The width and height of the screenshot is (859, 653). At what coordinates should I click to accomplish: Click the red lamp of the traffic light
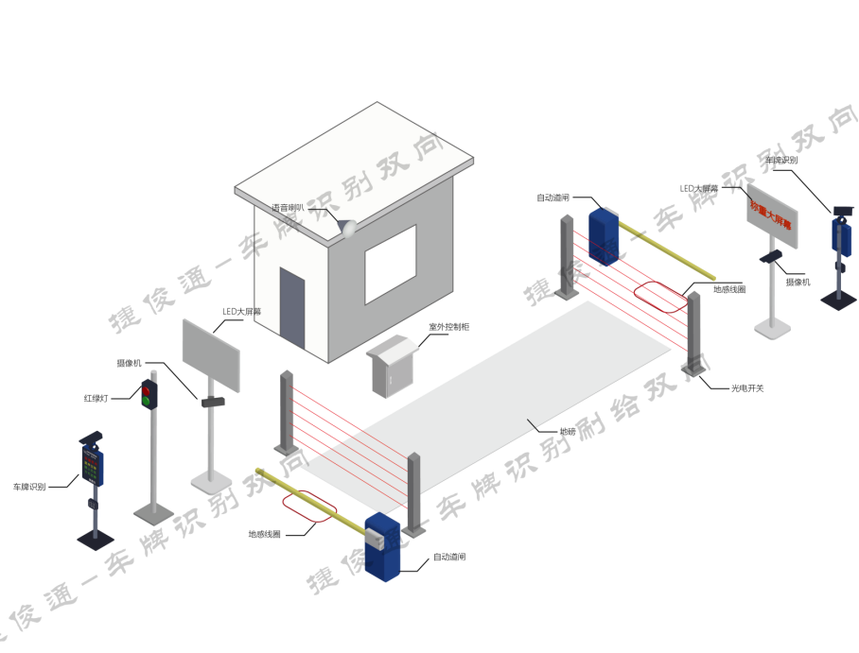(148, 388)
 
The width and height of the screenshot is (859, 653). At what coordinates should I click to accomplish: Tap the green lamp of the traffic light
(148, 402)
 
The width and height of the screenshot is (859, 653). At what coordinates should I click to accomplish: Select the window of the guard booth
(390, 267)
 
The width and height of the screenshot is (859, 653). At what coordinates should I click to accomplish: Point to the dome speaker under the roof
(346, 228)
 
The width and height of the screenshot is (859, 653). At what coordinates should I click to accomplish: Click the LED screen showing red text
(770, 212)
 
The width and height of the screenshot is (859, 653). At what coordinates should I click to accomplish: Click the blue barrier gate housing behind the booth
(603, 233)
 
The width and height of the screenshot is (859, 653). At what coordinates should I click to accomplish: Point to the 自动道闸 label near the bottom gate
(449, 558)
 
